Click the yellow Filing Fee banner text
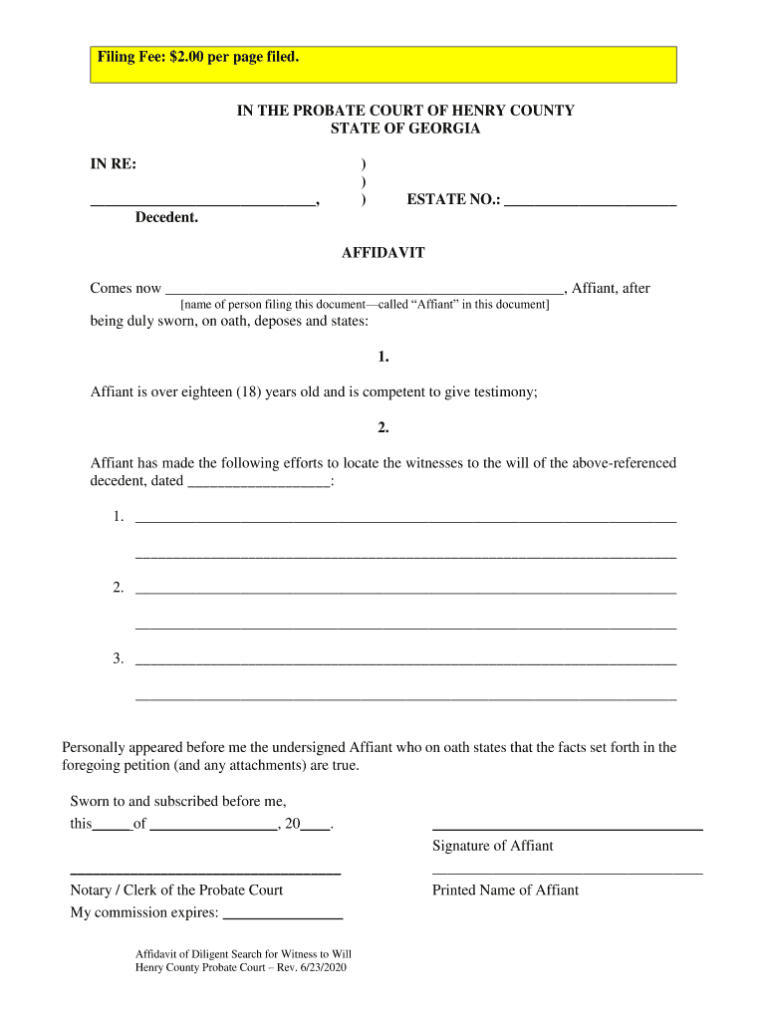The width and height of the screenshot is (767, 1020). pyautogui.click(x=197, y=58)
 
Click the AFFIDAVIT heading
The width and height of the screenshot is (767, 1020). pyautogui.click(x=383, y=253)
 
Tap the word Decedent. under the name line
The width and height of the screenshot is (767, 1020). pyautogui.click(x=166, y=217)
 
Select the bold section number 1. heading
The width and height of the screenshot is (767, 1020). pyautogui.click(x=383, y=357)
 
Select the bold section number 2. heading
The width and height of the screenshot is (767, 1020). pyautogui.click(x=383, y=427)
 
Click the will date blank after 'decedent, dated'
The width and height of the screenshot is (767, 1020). pyautogui.click(x=258, y=483)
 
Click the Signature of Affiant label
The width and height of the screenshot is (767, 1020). pyautogui.click(x=492, y=846)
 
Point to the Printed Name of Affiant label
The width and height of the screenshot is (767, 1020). pyautogui.click(x=505, y=891)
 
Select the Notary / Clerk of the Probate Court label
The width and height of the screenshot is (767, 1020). pyautogui.click(x=176, y=891)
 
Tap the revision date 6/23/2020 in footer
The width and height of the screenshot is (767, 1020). pyautogui.click(x=319, y=968)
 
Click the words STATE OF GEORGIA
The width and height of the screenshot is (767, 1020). pyautogui.click(x=404, y=128)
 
